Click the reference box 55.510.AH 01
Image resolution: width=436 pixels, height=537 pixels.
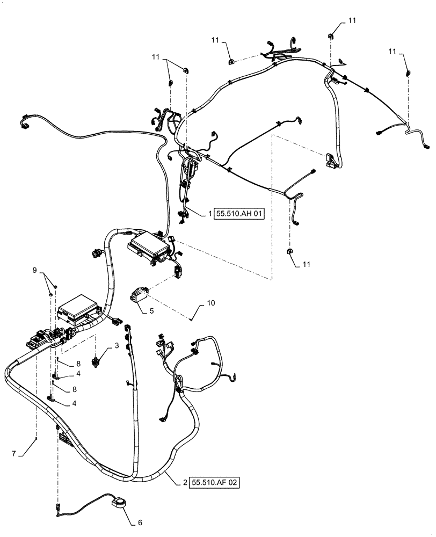[x=241, y=214]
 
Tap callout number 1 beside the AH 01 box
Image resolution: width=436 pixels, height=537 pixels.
[x=210, y=214]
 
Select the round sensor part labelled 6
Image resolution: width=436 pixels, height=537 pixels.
[x=117, y=503]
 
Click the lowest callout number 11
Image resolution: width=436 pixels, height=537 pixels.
[x=306, y=265]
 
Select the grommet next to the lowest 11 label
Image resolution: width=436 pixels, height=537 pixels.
[x=290, y=251]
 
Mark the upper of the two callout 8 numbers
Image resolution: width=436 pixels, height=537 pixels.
[x=78, y=364]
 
